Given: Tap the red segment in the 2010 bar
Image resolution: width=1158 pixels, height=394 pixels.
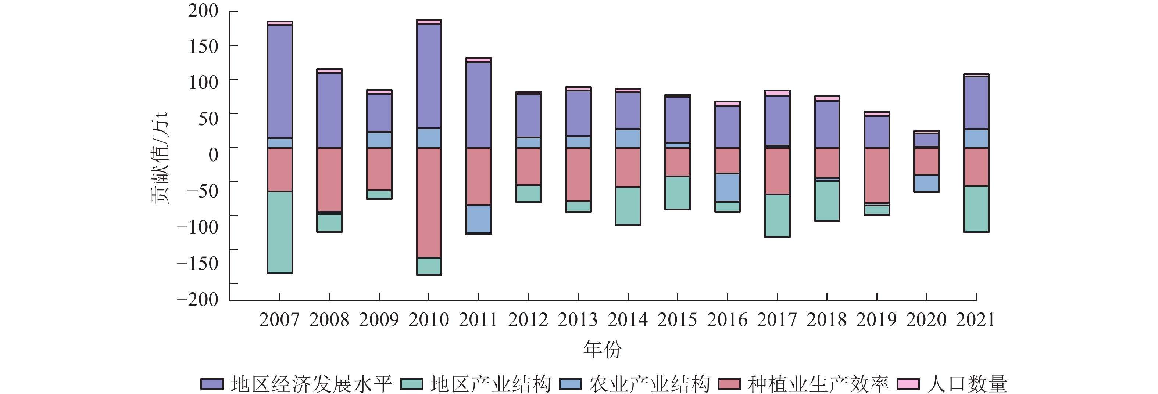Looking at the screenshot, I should coord(429,202).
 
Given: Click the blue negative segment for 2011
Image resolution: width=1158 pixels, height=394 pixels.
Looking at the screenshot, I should coord(478,219).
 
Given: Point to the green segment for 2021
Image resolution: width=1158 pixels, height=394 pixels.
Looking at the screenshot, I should coord(976,209).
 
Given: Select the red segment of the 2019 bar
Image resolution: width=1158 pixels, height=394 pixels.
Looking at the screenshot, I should coord(877,175).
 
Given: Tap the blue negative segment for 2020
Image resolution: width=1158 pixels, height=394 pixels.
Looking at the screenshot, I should coord(926,183).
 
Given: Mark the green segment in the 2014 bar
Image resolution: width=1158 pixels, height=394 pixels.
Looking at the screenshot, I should coord(628,206).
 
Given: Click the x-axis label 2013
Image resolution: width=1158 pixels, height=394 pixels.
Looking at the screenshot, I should coord(578,320).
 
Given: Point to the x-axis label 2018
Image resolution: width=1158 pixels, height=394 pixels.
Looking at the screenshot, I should coord(826,320).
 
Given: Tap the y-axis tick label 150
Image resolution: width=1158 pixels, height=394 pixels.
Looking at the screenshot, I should coord(203,46).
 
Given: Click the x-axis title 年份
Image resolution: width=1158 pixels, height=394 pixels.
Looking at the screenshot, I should coord(603,350).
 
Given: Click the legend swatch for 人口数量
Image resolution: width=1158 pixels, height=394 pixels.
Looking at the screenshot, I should coord(908,384).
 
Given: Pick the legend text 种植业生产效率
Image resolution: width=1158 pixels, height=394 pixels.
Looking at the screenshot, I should coord(818,384).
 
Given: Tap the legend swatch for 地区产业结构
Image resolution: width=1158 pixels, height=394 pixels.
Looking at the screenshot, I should coord(411,384).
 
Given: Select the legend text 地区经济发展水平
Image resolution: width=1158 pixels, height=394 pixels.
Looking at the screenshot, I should coord(311,384).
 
